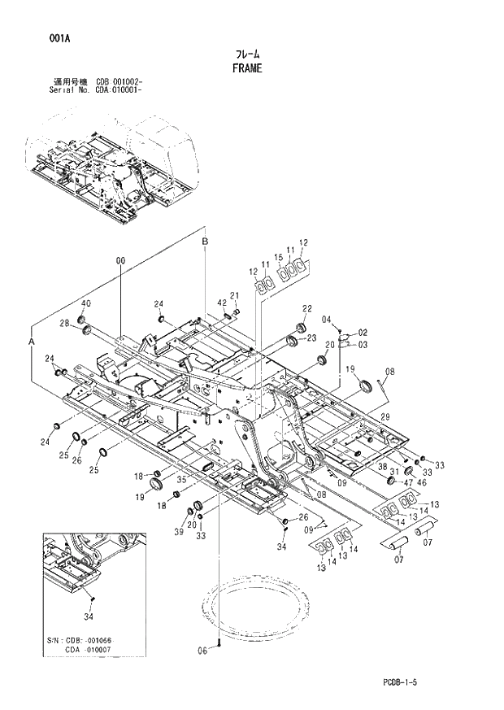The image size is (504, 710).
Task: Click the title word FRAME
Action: pos(246,68)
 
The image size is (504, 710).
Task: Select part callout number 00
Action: pos(120,261)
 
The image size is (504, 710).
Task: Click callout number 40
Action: pos(85,303)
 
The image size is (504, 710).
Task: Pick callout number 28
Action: pos(64,324)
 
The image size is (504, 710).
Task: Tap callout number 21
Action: pos(234,295)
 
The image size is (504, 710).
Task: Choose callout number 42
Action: pos(221,303)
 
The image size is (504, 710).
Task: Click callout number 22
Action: pos(307,308)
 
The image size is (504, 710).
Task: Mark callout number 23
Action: pos(311,338)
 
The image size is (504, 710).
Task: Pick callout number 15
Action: pos(278,258)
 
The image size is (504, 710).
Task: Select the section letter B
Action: pos(206,242)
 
